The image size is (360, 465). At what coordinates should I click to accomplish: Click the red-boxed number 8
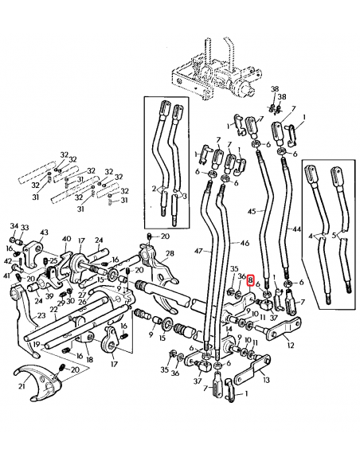[250, 281]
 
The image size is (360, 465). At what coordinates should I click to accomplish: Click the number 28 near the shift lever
[169, 253]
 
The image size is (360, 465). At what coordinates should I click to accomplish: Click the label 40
[67, 238]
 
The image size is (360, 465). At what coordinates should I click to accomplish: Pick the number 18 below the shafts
[89, 359]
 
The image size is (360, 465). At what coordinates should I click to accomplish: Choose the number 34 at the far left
[14, 227]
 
